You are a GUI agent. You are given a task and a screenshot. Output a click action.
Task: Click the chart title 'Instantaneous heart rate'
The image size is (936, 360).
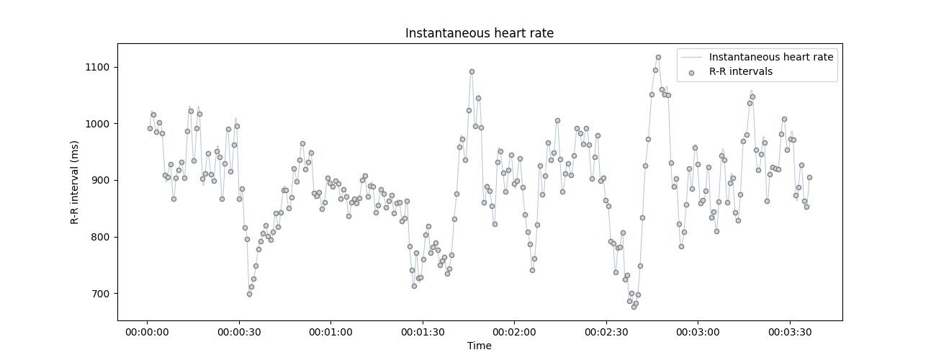pyautogui.click(x=479, y=33)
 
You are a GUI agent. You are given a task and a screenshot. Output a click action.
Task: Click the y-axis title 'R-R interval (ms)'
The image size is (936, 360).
pyautogui.click(x=75, y=182)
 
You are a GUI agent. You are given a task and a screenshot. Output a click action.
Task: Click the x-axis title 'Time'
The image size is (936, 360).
pyautogui.click(x=479, y=346)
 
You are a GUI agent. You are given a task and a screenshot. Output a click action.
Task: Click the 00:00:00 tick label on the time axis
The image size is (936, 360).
pyautogui.click(x=147, y=333)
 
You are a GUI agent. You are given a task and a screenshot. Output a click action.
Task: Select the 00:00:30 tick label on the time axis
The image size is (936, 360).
pyautogui.click(x=238, y=333)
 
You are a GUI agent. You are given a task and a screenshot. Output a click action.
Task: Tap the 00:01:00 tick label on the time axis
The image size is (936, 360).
pyautogui.click(x=330, y=333)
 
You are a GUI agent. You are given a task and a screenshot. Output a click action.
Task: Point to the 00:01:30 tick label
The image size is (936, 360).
pyautogui.click(x=422, y=333)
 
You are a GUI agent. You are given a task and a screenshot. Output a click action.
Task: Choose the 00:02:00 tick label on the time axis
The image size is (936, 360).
pyautogui.click(x=514, y=333)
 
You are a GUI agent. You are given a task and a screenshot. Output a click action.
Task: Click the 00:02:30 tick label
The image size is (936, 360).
pyautogui.click(x=606, y=333)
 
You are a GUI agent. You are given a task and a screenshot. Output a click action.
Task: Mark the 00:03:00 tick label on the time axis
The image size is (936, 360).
pyautogui.click(x=698, y=333)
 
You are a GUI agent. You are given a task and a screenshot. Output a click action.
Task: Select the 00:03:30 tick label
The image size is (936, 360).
pyautogui.click(x=790, y=333)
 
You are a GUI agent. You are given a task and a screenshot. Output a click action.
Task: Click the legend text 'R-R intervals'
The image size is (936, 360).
pyautogui.click(x=740, y=72)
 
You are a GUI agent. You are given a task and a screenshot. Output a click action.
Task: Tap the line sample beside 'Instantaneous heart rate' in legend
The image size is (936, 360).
pyautogui.click(x=691, y=57)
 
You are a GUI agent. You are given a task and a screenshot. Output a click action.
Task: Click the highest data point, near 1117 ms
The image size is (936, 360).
pyautogui.click(x=658, y=57)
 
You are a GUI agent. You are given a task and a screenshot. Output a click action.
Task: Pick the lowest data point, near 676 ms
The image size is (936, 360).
pyautogui.click(x=634, y=307)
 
